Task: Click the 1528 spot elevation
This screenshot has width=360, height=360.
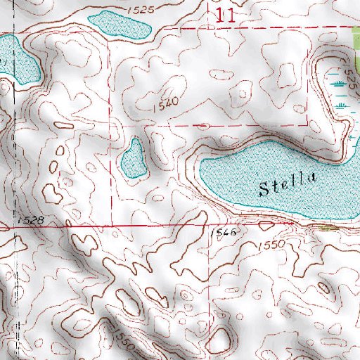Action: pyautogui.click(x=31, y=221)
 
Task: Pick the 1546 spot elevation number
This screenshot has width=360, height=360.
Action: pyautogui.click(x=221, y=231)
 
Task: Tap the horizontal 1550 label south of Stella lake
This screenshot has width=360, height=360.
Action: pyautogui.click(x=270, y=245)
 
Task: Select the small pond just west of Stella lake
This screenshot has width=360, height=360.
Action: pyautogui.click(x=133, y=158)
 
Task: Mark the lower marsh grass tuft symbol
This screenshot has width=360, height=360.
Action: pyautogui.click(x=342, y=105)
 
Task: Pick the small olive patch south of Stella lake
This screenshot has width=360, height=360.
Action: pyautogui.click(x=328, y=227)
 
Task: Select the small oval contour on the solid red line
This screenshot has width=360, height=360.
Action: pyautogui.click(x=266, y=225)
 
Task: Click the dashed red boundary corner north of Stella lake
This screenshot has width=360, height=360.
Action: pyautogui.click(x=307, y=124)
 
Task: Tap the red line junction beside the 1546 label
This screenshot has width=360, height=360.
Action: pyautogui.click(x=210, y=226)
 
